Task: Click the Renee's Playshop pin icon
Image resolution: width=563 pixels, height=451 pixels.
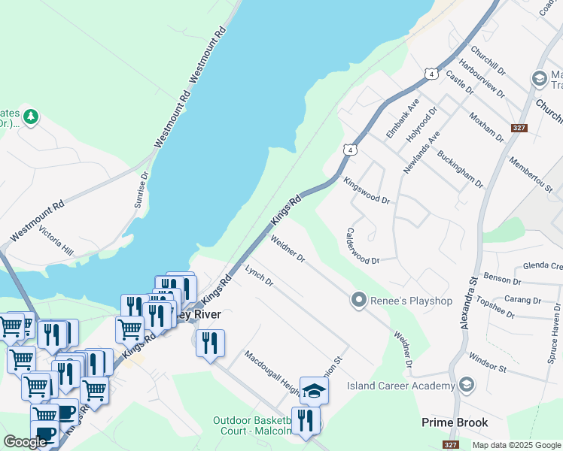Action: (358, 301)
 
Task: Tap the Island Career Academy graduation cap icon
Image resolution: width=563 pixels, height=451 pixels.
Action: (467, 386)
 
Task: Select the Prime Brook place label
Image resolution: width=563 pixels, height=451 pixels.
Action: (455, 422)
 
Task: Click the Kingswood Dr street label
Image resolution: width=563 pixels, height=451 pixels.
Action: (367, 191)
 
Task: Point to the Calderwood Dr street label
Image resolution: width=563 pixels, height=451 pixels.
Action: (361, 246)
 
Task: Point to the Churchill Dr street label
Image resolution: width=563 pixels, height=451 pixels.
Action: (488, 64)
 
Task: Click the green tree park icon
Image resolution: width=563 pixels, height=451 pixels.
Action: (30, 117)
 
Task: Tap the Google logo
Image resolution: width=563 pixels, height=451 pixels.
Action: (25, 442)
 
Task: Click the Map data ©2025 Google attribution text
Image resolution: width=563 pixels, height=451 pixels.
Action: (516, 445)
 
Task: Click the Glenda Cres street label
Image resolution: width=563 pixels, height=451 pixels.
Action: (542, 265)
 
